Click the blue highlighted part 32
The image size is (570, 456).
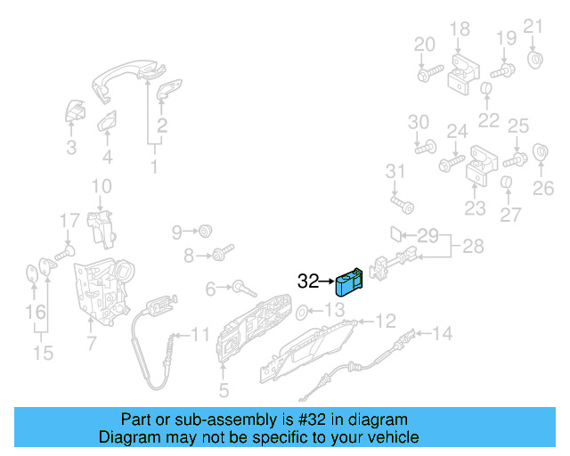click(x=348, y=281)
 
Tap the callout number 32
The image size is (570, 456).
click(x=308, y=281)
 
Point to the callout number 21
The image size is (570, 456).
click(x=533, y=25)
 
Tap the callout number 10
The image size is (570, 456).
click(x=102, y=186)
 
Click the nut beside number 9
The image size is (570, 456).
click(x=205, y=232)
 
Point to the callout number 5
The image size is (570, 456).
click(x=224, y=389)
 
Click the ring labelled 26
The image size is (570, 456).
click(x=540, y=152)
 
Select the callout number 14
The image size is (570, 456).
click(x=442, y=334)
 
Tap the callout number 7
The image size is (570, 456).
click(x=91, y=342)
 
